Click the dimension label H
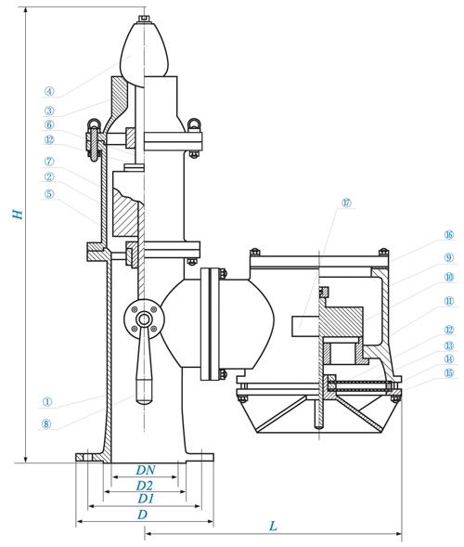18,214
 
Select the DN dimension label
146,470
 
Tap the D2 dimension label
145,486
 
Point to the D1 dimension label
146,499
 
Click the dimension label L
273,526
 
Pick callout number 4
49,91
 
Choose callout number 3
49,111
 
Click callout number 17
346,202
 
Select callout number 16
449,235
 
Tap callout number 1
47,402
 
